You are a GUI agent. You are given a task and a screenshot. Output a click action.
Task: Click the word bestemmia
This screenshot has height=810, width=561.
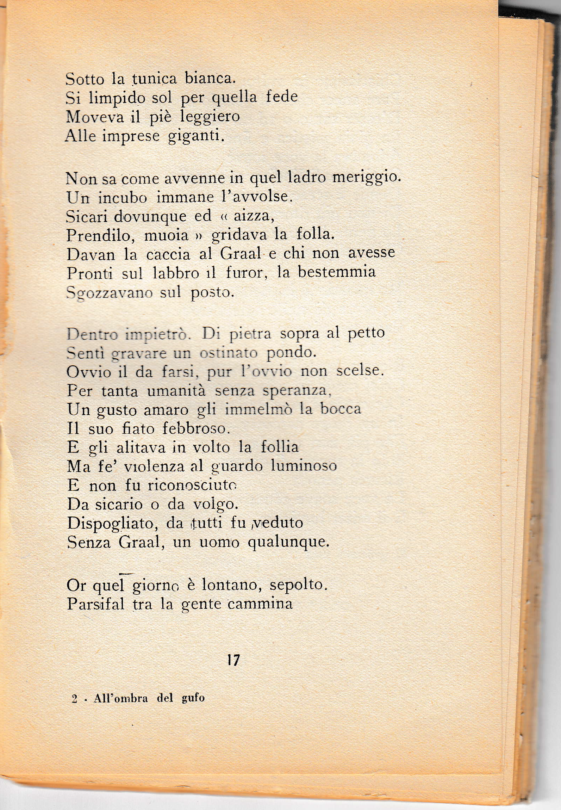tap(337, 272)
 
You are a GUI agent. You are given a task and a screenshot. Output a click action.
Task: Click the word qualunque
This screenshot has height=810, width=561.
tap(289, 543)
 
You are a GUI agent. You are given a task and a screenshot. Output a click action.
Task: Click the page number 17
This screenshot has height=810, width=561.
tap(233, 660)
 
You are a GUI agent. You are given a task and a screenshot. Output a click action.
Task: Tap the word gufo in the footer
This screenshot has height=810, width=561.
tap(193, 698)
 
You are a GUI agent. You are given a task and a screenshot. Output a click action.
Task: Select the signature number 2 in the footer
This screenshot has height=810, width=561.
tap(74, 699)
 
